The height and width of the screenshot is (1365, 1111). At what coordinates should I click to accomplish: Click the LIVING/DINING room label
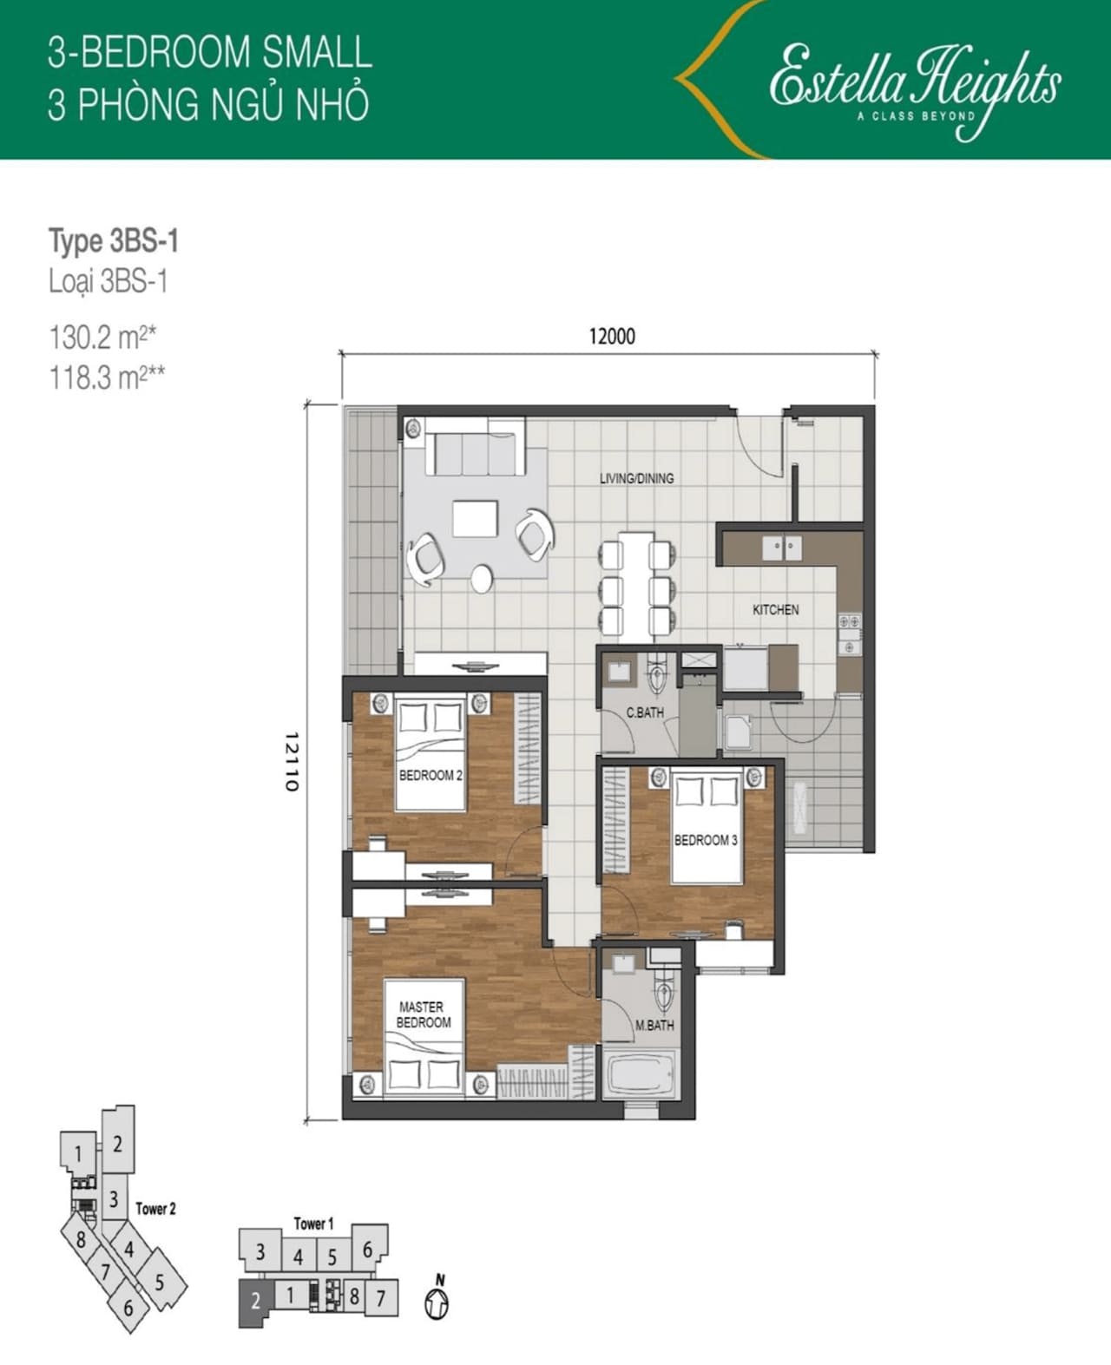point(636,479)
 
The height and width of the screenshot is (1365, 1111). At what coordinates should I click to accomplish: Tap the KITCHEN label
point(776,609)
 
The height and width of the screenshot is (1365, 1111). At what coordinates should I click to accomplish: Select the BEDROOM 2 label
point(431,776)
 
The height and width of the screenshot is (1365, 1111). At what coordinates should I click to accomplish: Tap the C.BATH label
point(645,712)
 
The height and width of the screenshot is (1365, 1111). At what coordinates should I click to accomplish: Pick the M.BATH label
point(654,1026)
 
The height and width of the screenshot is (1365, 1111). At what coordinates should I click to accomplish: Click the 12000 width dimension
point(612,337)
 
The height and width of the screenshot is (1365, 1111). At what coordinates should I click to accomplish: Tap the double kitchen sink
point(781,548)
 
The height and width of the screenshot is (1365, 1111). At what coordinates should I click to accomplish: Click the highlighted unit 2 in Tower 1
point(255,1302)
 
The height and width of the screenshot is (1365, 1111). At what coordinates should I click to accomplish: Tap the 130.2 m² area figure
point(103,337)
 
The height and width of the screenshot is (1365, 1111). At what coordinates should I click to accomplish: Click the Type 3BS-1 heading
point(114,241)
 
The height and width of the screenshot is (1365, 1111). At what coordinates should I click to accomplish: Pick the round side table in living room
point(482,580)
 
